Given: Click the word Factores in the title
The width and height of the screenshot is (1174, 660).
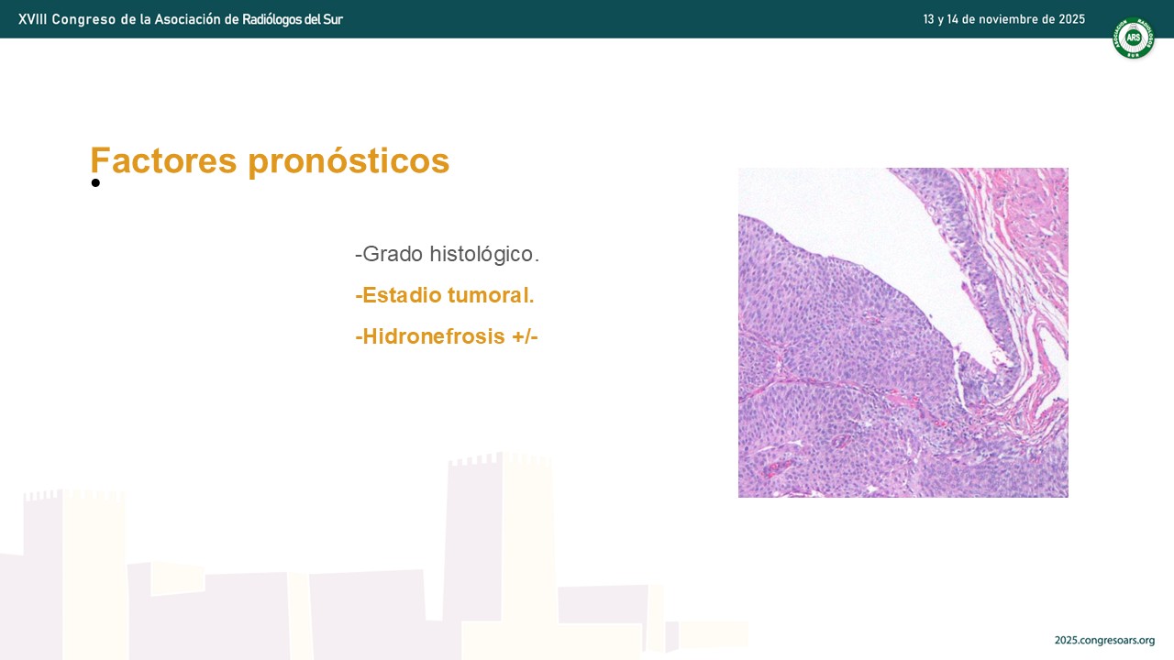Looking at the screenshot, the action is tap(163, 160).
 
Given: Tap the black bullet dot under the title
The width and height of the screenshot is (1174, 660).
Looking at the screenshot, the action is tap(95, 182).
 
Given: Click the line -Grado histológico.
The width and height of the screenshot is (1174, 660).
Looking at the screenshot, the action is tap(447, 255).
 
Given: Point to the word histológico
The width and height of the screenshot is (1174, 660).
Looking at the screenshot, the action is tap(484, 255).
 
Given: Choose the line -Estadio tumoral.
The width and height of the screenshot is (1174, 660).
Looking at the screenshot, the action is tap(445, 295).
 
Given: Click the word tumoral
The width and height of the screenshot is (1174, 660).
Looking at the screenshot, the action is tap(491, 295).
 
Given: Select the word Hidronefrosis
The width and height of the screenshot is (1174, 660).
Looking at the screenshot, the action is tap(434, 336).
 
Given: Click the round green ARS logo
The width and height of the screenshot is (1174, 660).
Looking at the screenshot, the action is tap(1134, 38).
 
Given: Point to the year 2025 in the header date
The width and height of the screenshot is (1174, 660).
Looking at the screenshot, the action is tap(1072, 19).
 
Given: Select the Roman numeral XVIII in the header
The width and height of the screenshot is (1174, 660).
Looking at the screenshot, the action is tap(32, 19).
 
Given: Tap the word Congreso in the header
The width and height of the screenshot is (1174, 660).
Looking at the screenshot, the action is tap(83, 20).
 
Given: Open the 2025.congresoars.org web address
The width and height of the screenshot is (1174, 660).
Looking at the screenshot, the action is tap(1105, 641).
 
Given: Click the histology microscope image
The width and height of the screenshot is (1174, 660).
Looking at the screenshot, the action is tap(903, 333).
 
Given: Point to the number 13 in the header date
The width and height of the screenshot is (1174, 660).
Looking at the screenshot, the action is tap(929, 19).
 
